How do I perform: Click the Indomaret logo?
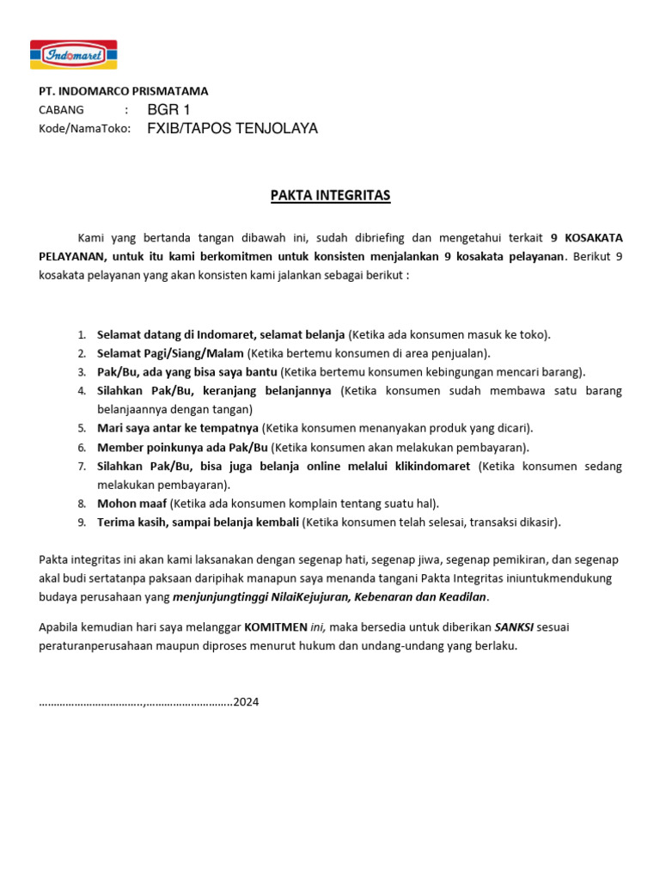click(x=73, y=55)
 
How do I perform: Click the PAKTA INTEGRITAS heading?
click(x=330, y=196)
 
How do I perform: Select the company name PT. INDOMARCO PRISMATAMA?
click(x=124, y=90)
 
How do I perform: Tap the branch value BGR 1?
click(x=168, y=109)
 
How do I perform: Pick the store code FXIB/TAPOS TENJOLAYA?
click(x=232, y=129)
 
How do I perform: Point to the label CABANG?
click(x=62, y=110)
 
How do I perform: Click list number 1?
click(x=82, y=335)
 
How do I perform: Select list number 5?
click(x=82, y=428)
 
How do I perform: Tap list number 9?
click(x=82, y=522)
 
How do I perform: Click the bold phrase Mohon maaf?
click(x=132, y=504)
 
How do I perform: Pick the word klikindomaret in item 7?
click(x=431, y=467)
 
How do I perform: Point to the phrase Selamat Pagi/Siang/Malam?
click(x=170, y=353)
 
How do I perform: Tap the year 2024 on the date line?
click(x=246, y=702)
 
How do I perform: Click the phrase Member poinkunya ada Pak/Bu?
click(x=182, y=447)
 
